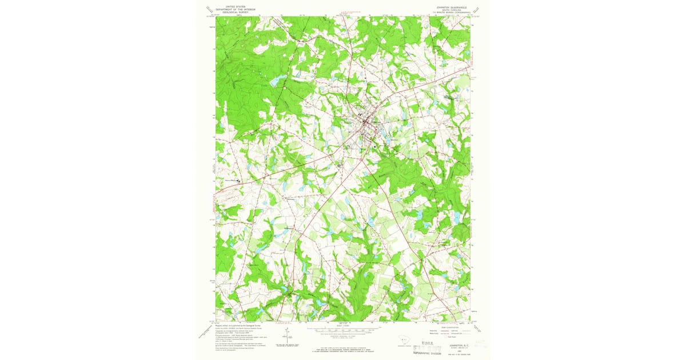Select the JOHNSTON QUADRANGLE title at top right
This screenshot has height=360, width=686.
448,7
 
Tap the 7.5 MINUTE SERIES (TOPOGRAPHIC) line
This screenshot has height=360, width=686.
448,13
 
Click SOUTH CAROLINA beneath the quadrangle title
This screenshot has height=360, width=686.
448,10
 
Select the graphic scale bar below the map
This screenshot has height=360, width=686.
343,330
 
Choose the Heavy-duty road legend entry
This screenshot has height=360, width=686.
434,330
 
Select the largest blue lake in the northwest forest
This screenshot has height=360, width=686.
276,82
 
